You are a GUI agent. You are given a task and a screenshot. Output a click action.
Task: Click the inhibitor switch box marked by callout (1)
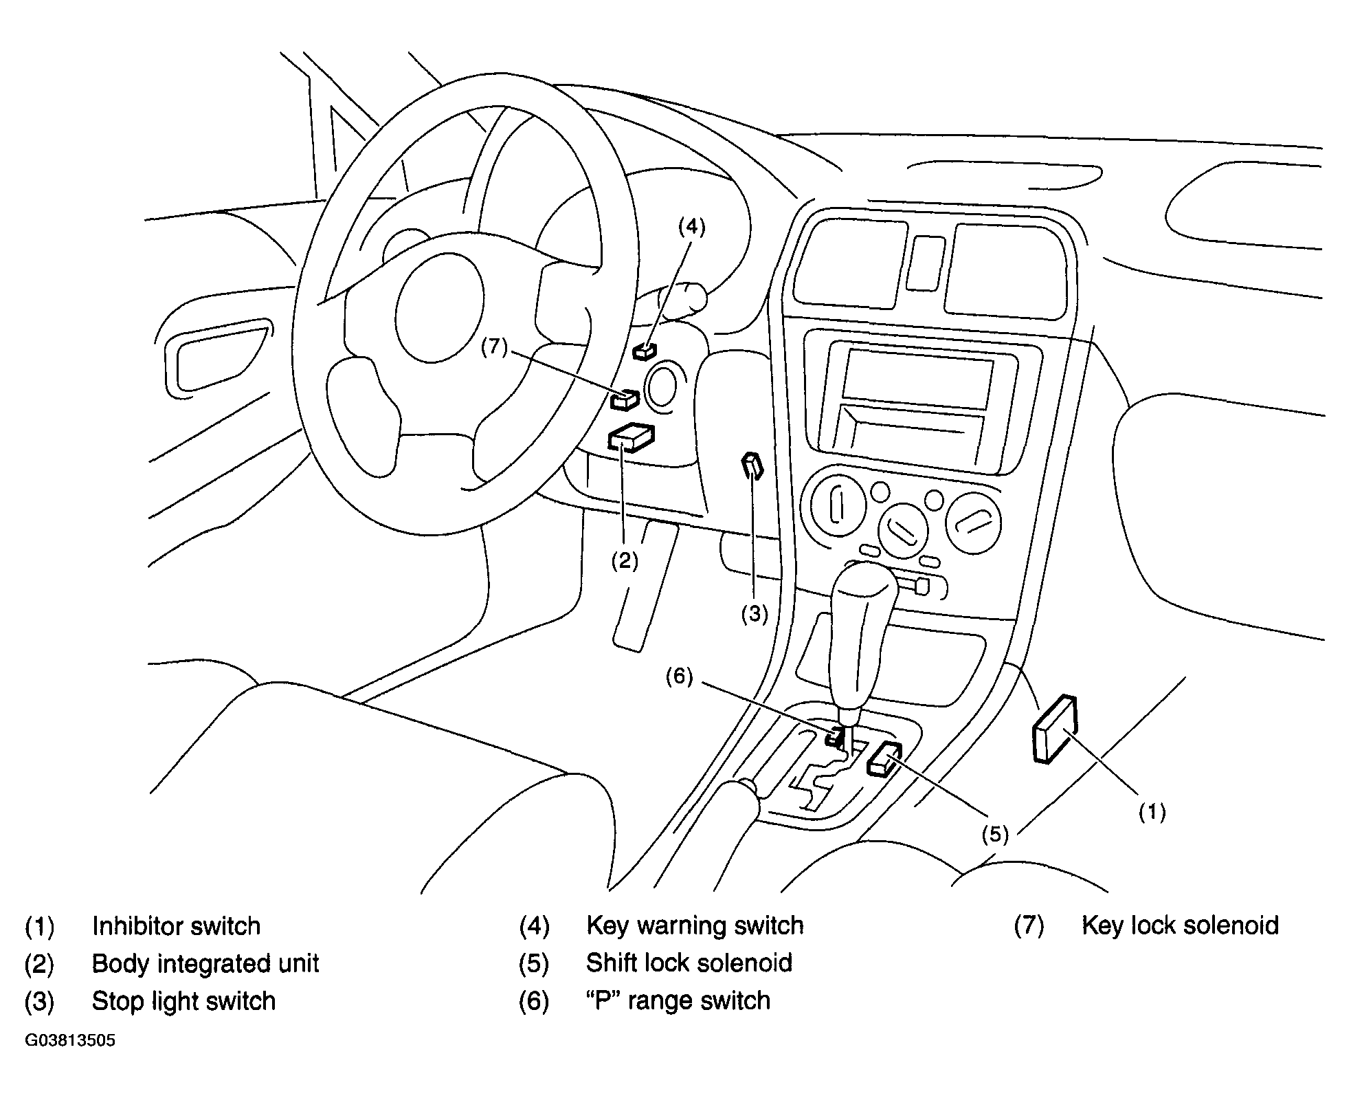(x=1054, y=729)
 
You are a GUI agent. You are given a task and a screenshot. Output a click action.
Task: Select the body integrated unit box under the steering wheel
(x=631, y=437)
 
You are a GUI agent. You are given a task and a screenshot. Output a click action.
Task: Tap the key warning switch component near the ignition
(x=645, y=351)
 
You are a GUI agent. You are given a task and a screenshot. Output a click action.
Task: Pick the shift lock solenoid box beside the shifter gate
(x=884, y=759)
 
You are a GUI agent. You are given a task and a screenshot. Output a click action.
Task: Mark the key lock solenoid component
(x=625, y=399)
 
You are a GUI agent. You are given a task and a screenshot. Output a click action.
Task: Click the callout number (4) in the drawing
(x=691, y=226)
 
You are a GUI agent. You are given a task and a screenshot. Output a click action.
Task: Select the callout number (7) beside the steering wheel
(x=494, y=347)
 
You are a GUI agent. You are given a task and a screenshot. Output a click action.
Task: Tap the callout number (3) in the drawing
(x=755, y=614)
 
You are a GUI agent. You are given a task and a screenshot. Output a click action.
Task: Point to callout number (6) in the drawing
(x=679, y=677)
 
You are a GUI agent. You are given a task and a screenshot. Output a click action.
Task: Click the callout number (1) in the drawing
(x=1152, y=812)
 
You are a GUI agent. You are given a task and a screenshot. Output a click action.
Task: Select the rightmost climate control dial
(x=973, y=522)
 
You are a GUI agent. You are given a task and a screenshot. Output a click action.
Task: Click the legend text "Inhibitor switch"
(x=177, y=926)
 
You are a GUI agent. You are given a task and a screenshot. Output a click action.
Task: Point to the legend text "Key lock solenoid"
(x=1180, y=925)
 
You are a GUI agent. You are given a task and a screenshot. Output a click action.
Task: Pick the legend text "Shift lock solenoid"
(x=689, y=963)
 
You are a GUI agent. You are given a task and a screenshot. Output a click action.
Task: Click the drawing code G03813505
(x=70, y=1040)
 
